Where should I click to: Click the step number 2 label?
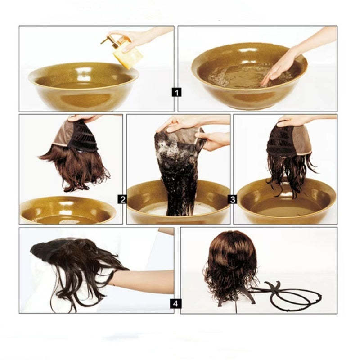122,199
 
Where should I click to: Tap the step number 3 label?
232,199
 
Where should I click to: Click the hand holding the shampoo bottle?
135,37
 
